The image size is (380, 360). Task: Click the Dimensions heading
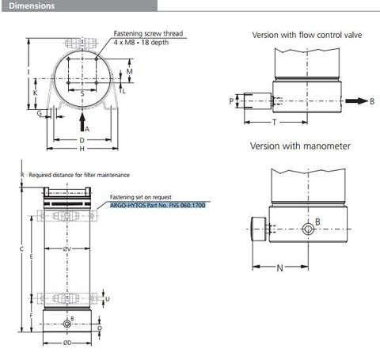pos(32,6)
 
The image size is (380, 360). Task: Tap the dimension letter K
pos(35,93)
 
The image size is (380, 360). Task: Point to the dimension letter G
pos(39,113)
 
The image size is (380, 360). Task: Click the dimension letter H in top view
pos(82,148)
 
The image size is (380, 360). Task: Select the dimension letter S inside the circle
pos(82,93)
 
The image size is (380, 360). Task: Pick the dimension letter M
pos(129,72)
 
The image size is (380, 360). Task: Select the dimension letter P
pos(231,101)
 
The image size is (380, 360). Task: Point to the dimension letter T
pos(274,124)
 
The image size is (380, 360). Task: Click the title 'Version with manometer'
pos(300,146)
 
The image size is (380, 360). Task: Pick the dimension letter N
pos(280,267)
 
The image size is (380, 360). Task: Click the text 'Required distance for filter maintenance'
pos(78,174)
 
